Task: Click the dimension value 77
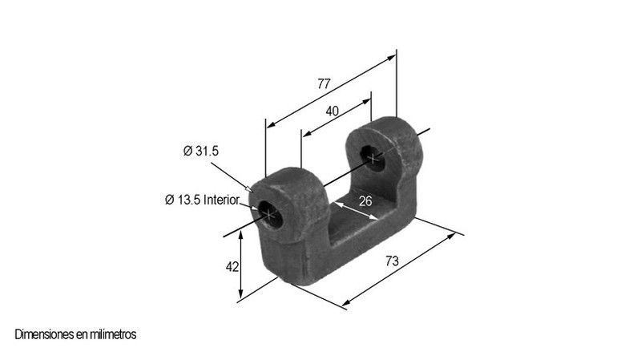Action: pos(324,83)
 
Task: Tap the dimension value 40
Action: pos(332,111)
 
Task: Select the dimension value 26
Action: pos(365,201)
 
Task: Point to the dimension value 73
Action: pos(392,261)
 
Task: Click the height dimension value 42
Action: pos(232,267)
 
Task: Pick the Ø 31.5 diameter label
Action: pos(201,151)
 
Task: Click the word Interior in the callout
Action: pos(221,200)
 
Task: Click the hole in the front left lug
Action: pos(271,214)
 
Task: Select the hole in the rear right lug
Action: pos(373,158)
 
